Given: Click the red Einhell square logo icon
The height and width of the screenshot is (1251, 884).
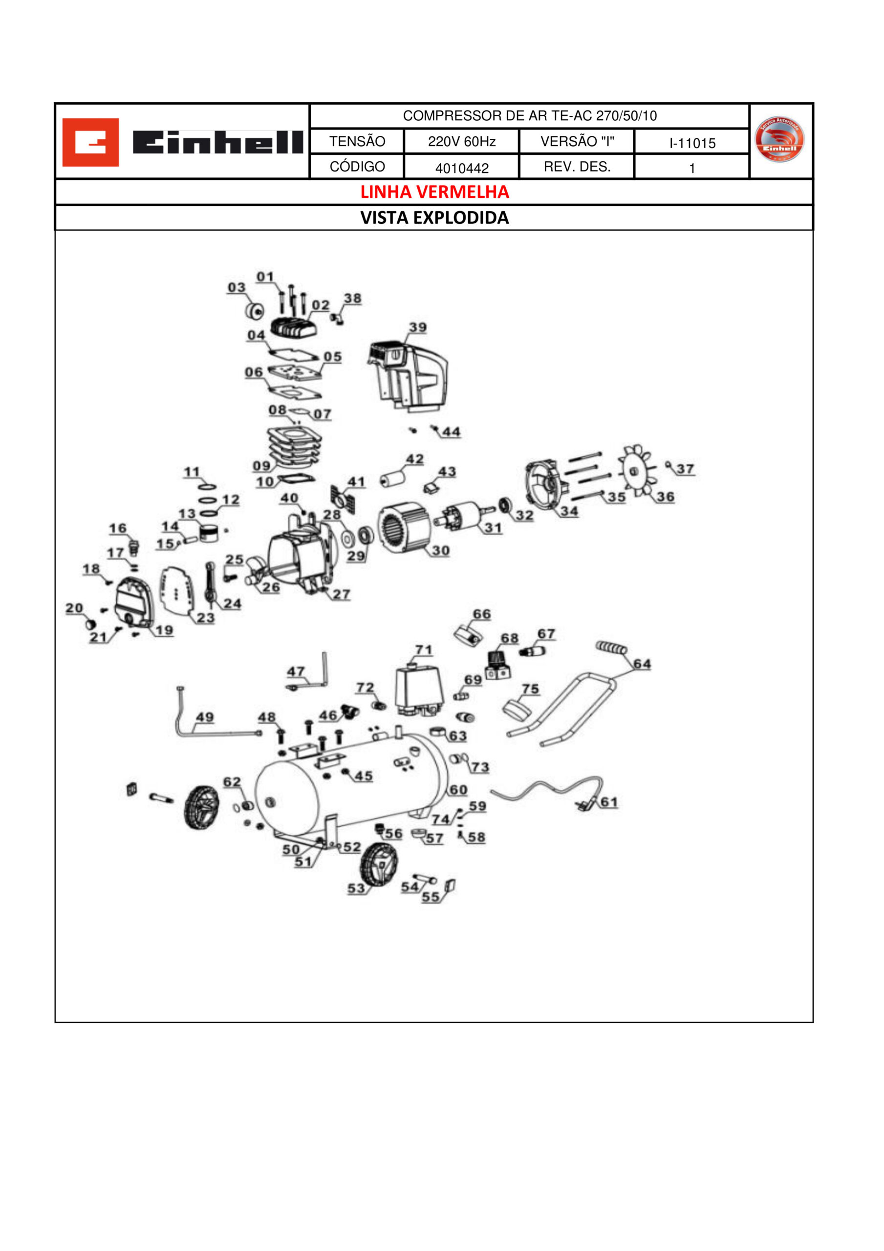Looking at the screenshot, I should tap(90, 142).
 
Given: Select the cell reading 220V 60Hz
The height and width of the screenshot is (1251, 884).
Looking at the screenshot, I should tap(462, 142).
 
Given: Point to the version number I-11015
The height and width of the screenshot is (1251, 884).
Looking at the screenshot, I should tap(692, 143).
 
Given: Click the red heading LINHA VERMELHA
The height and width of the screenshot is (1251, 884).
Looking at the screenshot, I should tap(434, 192).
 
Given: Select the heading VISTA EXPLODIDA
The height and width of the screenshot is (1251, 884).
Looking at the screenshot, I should tap(434, 217).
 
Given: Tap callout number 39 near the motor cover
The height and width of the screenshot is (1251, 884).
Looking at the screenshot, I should tap(417, 327).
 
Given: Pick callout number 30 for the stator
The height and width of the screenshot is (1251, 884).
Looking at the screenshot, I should tap(440, 550).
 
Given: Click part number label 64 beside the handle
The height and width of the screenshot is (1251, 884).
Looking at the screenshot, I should tap(642, 664).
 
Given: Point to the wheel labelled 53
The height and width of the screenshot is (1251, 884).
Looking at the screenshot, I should tap(379, 864).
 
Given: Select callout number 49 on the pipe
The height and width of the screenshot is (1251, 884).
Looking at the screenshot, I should tap(204, 717).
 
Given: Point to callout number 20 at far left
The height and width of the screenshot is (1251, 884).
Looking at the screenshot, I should tap(74, 608).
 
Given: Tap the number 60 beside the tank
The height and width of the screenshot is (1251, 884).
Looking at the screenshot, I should tap(458, 790).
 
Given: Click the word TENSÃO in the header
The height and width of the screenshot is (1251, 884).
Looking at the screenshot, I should tap(357, 142).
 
